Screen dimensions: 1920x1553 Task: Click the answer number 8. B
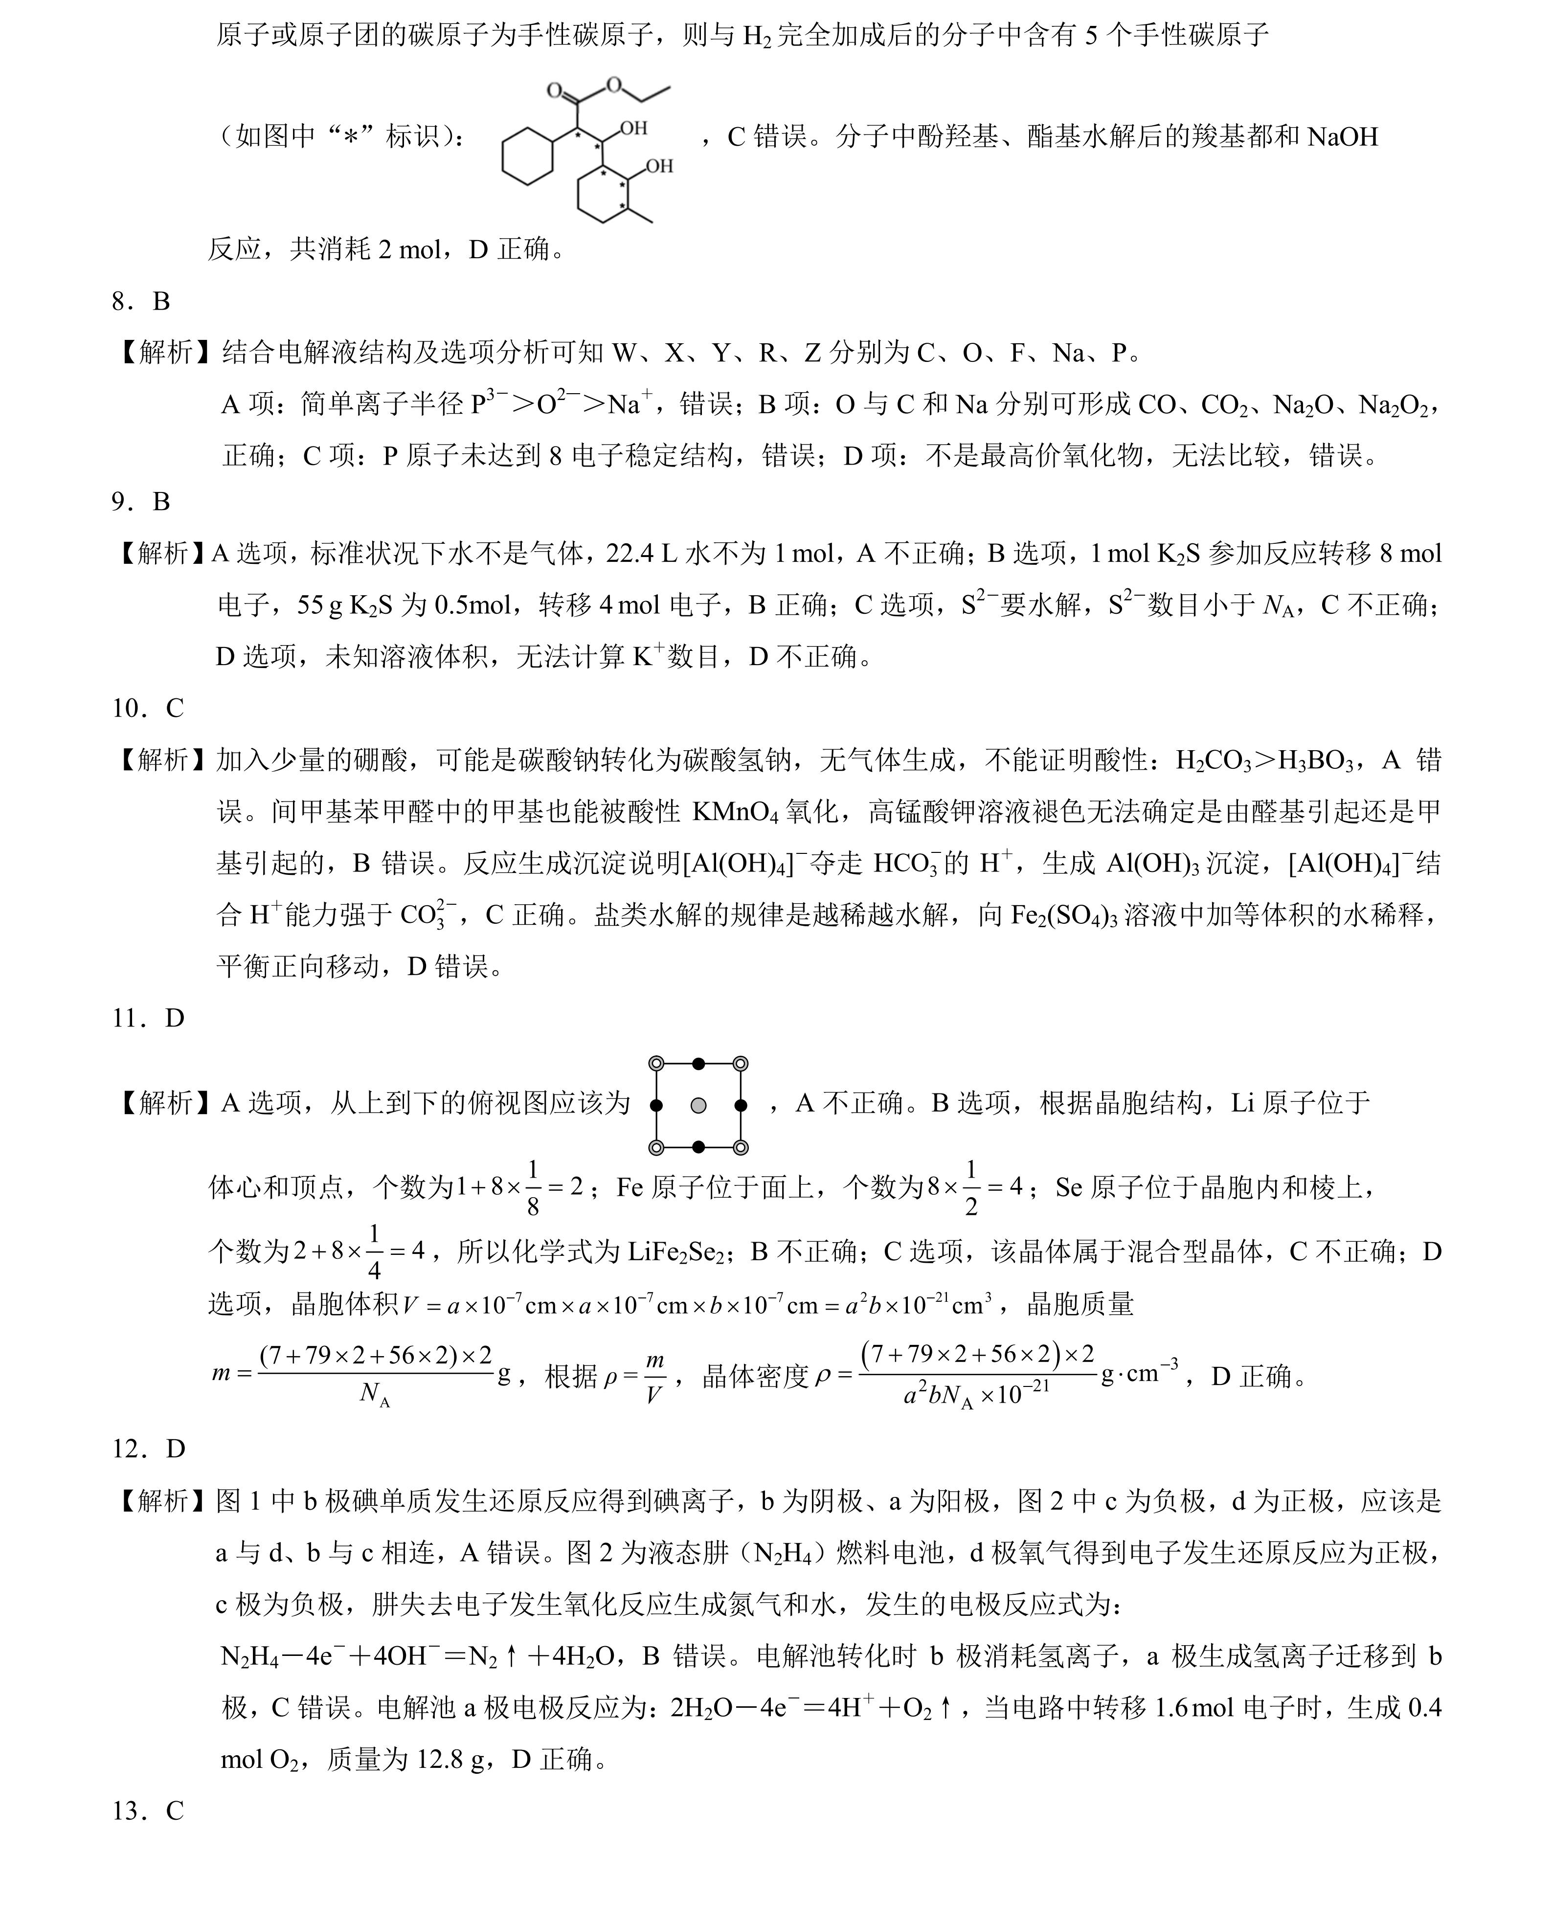tap(140, 301)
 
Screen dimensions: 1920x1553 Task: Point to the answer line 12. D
tap(148, 1448)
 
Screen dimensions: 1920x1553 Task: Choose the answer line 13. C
tap(148, 1811)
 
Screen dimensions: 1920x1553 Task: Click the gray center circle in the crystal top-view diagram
tap(698, 1105)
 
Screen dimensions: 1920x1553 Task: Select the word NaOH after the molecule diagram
tap(1342, 137)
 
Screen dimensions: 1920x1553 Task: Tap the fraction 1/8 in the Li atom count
tap(533, 1187)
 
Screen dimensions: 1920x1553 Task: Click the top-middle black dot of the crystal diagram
tap(698, 1063)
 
